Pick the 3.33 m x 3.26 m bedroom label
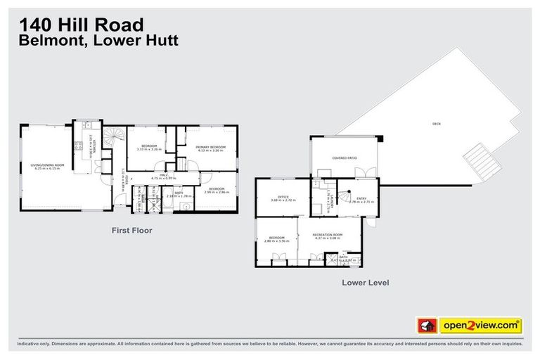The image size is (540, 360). click(x=147, y=148)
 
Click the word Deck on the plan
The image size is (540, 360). click(x=436, y=124)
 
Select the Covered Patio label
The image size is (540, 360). click(x=345, y=158)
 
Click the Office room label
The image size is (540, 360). click(x=283, y=198)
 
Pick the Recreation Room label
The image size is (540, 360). click(x=327, y=236)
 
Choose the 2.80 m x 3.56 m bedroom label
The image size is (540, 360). click(x=276, y=239)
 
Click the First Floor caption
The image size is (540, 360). click(x=131, y=230)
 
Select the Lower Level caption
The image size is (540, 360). click(x=365, y=283)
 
